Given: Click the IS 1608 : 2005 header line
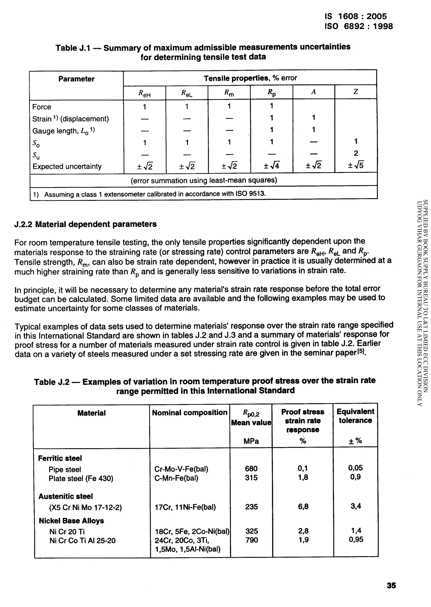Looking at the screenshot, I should (356, 16).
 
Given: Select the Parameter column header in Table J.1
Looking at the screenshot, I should (76, 79).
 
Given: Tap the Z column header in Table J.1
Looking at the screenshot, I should (356, 92).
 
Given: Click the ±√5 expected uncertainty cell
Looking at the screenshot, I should (356, 166).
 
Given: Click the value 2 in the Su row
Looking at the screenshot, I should (356, 153).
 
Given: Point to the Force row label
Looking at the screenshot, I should (42, 107).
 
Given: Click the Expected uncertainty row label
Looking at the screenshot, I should (67, 166).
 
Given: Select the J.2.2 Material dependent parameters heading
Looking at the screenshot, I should (85, 224).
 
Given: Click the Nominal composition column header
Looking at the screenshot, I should (189, 412).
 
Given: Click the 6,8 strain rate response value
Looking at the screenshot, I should (303, 507).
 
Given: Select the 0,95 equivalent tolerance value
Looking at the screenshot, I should (356, 539).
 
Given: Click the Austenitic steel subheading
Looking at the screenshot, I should (65, 496).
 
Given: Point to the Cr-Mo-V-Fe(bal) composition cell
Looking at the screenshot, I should (181, 469).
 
